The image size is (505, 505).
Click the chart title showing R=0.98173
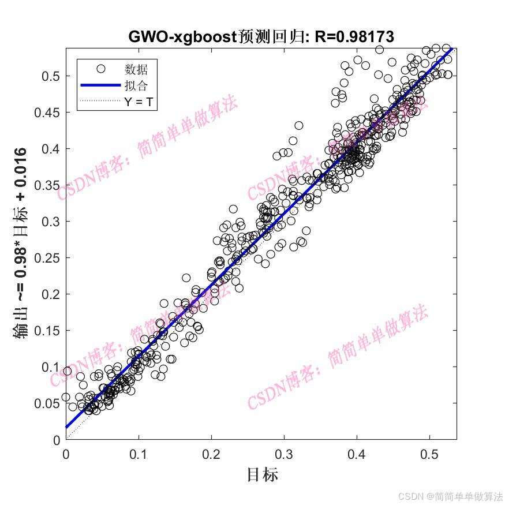pos(261,37)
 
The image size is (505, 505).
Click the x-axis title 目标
pos(262,475)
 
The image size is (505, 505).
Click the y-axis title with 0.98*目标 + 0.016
pos(21,242)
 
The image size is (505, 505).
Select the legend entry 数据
pos(136,69)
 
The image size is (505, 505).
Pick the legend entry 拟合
pos(136,85)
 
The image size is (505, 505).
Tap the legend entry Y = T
pos(139,102)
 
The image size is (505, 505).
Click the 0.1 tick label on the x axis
pos(139,454)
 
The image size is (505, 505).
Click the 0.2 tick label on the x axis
pos(211,454)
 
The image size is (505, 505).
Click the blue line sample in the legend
pos(100,85)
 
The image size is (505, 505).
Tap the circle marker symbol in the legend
pos(100,69)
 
